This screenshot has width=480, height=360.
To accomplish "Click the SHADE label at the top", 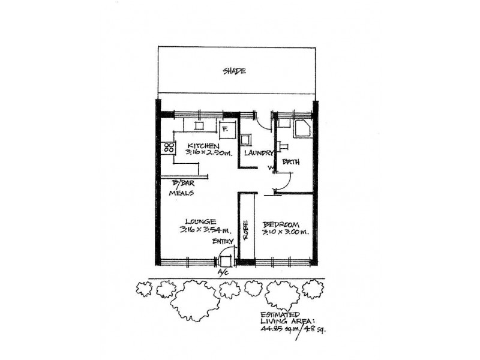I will pos(235,71).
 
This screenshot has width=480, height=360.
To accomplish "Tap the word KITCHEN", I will pos(203,146).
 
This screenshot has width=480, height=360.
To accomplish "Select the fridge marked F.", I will pos(226,127).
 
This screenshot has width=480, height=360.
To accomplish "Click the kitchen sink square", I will pos(198,125).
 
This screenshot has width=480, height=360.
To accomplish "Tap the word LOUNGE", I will pos(200,221).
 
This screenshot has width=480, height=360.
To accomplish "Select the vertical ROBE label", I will pos(245,230).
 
